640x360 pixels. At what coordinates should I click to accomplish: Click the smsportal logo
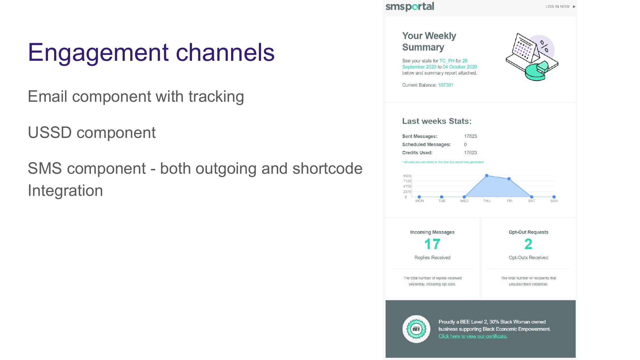pos(410,7)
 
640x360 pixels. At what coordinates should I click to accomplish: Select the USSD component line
pos(92,132)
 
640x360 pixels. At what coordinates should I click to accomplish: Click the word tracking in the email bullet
pos(216,96)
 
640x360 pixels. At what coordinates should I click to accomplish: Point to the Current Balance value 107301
pos(445,85)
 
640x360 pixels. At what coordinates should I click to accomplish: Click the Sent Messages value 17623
pos(470,136)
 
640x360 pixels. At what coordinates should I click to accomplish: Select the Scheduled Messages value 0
pos(465,145)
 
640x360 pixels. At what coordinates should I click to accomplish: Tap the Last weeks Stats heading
pos(437,121)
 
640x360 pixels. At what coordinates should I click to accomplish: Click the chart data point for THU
pos(487,176)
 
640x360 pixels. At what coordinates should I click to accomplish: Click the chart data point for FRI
pos(509,179)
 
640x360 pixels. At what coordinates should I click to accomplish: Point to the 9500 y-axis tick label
pos(407,176)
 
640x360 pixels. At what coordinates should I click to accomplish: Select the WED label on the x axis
pos(464,201)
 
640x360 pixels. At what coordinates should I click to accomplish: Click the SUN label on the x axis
pos(554,201)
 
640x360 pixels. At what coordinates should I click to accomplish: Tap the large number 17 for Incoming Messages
pos(432,244)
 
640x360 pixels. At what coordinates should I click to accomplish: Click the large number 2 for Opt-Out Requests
pos(528,244)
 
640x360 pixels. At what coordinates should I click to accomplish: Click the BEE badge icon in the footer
pos(416,329)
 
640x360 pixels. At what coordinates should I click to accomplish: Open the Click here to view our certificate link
pos(472,336)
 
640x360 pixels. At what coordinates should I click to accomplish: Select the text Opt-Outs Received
pos(528,258)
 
